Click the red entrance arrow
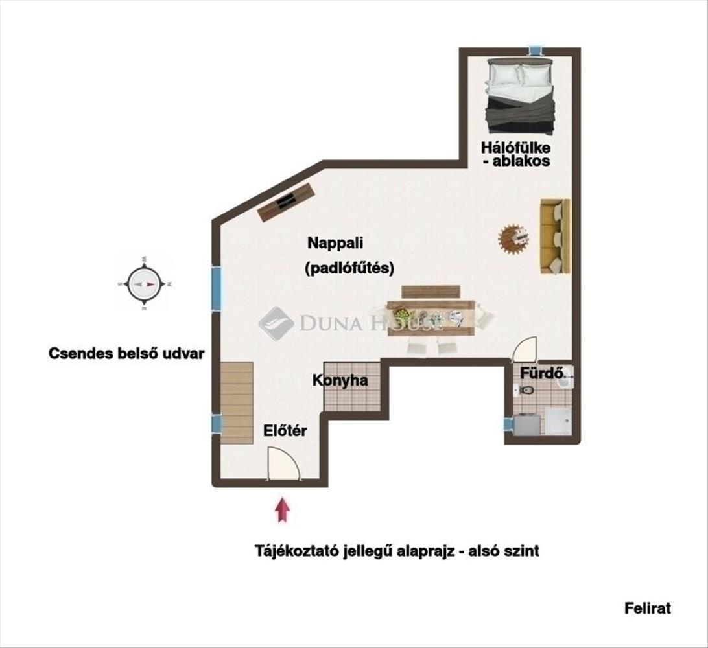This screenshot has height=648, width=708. (x=282, y=509)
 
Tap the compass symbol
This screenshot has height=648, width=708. (x=144, y=284)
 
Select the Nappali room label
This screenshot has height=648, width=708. (x=335, y=243)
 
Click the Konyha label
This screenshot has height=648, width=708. (x=340, y=380)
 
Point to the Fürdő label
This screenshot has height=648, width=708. (x=542, y=373)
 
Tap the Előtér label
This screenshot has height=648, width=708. (x=285, y=430)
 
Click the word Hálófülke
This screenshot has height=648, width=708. (x=515, y=148)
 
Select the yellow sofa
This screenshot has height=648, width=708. (x=555, y=236)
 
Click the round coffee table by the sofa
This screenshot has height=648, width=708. (x=513, y=237)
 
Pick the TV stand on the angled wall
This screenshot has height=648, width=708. (x=285, y=202)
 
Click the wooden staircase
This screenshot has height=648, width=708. (x=237, y=402)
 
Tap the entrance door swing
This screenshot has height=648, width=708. (x=283, y=464)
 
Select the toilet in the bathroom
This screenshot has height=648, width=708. (x=525, y=390)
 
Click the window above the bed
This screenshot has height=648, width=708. (x=536, y=51)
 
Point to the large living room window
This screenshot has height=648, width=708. (x=217, y=288)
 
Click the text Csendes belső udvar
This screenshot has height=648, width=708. (x=126, y=353)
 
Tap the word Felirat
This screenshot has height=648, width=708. (x=648, y=608)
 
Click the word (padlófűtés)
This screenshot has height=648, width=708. (x=349, y=268)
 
